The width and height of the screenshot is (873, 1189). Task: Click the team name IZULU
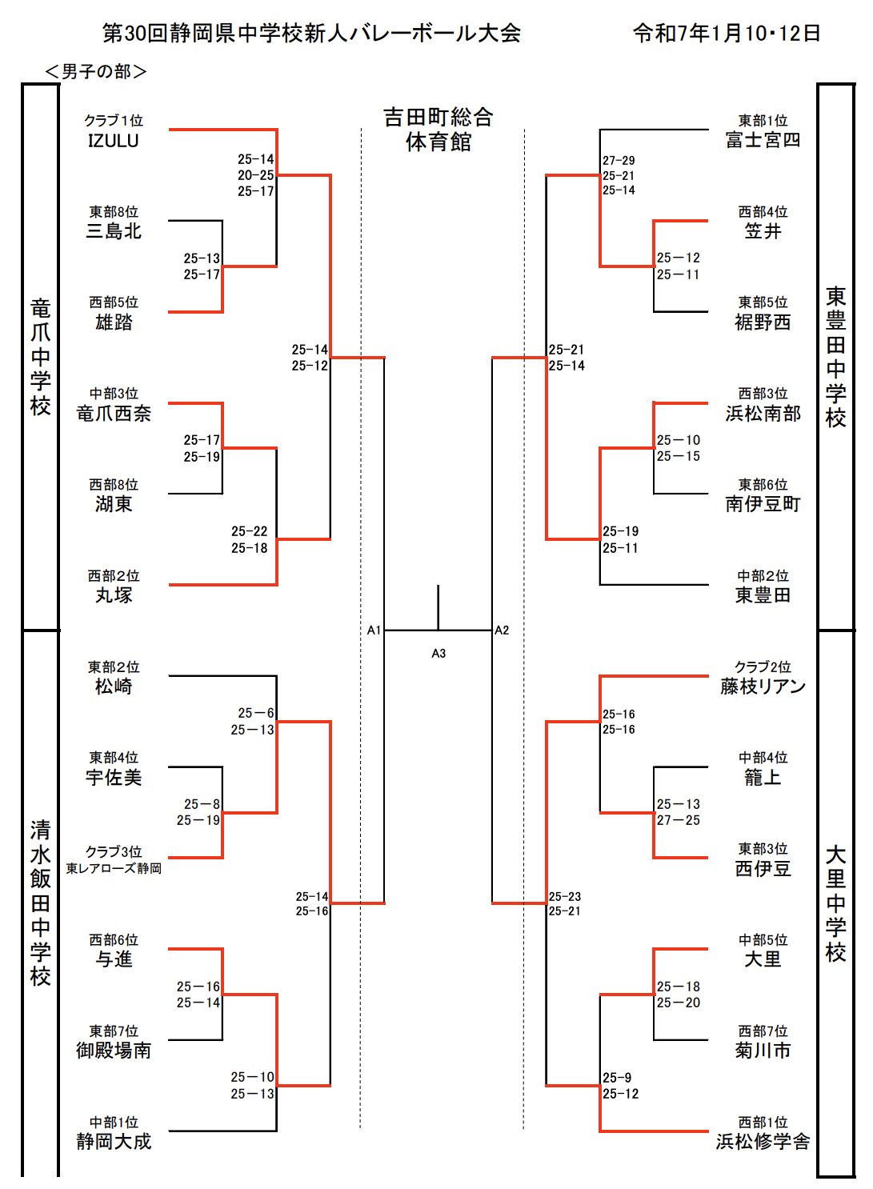pyautogui.click(x=113, y=141)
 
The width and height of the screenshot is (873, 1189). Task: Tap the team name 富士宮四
pyautogui.click(x=763, y=141)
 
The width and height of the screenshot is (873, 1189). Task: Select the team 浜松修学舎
pyautogui.click(x=763, y=1142)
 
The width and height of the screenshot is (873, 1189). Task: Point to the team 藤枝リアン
pyautogui.click(x=763, y=687)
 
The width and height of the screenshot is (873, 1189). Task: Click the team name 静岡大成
pyautogui.click(x=114, y=1142)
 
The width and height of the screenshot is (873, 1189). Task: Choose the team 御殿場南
pyautogui.click(x=114, y=1051)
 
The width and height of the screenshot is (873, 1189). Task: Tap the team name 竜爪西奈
pyautogui.click(x=114, y=414)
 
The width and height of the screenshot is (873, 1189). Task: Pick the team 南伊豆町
pyautogui.click(x=763, y=504)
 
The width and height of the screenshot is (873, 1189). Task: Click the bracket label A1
pyautogui.click(x=374, y=631)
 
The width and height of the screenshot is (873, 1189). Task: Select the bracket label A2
pyautogui.click(x=502, y=631)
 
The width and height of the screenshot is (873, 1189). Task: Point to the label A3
pyautogui.click(x=439, y=654)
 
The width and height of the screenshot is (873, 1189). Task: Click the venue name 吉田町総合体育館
pyautogui.click(x=439, y=130)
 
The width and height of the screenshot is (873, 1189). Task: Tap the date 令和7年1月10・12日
pyautogui.click(x=727, y=33)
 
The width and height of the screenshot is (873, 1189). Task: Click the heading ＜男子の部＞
pyautogui.click(x=96, y=72)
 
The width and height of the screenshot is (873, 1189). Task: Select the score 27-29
pyautogui.click(x=619, y=161)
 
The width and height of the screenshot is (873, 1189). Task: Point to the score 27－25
pyautogui.click(x=678, y=820)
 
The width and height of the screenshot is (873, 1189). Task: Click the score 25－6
pyautogui.click(x=256, y=713)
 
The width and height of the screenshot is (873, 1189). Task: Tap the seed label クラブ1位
pyautogui.click(x=114, y=121)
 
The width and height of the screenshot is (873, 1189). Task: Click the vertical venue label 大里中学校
pyautogui.click(x=835, y=903)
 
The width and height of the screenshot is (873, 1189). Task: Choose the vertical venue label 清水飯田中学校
pyautogui.click(x=40, y=903)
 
